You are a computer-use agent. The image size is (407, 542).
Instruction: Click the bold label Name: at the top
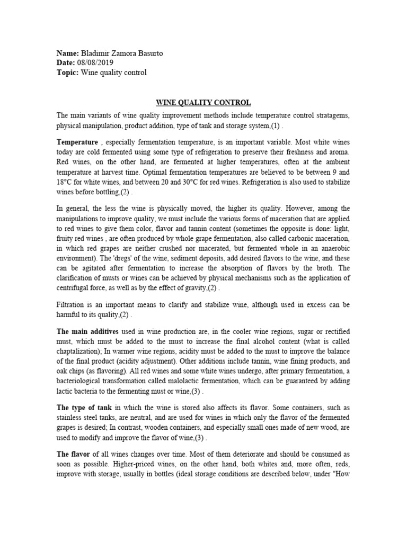[67, 53]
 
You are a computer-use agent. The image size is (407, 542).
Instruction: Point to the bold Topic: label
[68, 73]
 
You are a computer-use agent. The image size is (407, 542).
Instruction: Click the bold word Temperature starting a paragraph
[77, 142]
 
